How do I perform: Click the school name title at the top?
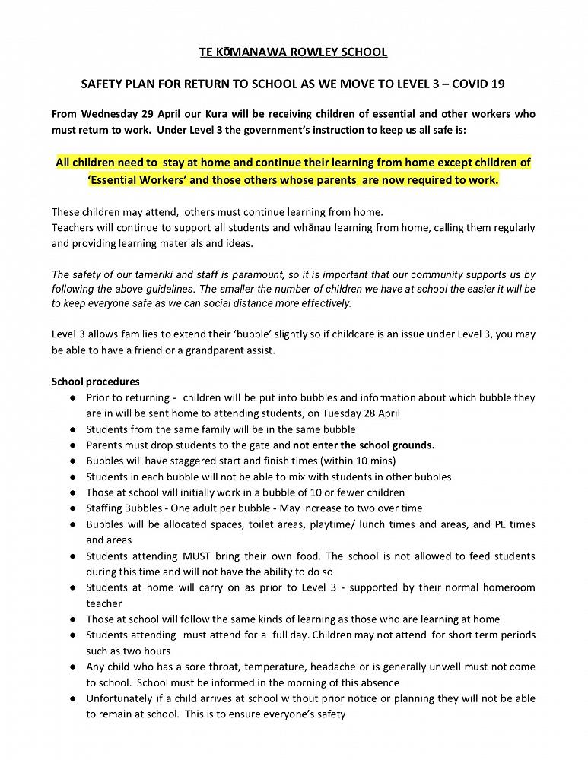(294, 52)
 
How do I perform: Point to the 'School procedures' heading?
(95, 382)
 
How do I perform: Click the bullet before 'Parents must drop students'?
(72, 445)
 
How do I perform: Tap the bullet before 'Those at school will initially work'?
(72, 492)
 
